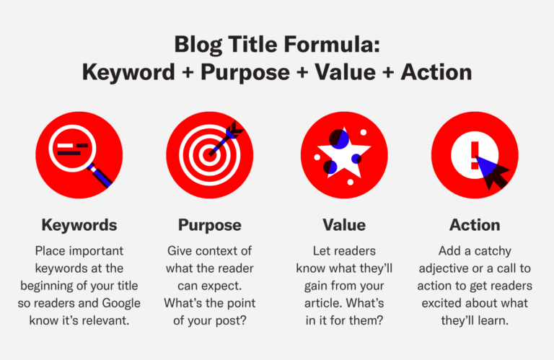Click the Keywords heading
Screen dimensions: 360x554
click(79, 224)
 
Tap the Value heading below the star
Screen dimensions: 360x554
click(343, 224)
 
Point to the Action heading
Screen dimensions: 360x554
click(474, 224)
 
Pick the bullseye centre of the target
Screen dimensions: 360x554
click(210, 154)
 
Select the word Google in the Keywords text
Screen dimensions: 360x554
click(120, 302)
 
